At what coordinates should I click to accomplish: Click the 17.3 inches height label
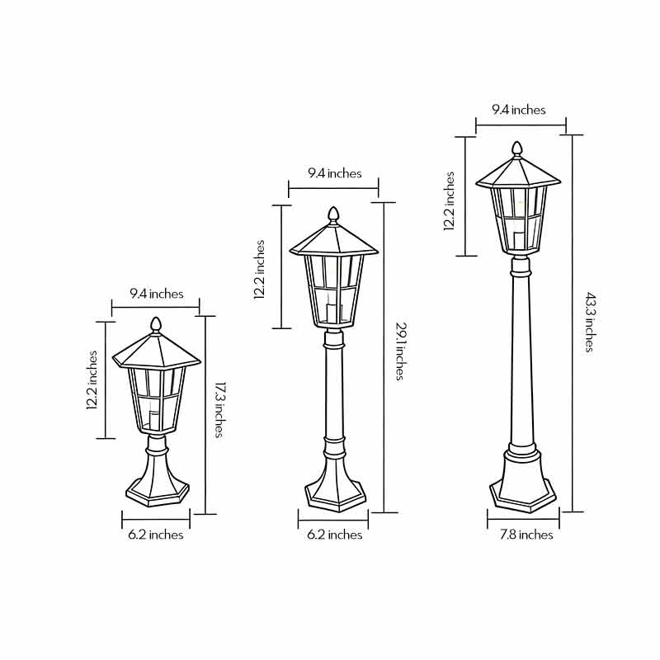[x=219, y=408]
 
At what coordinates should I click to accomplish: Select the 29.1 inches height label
[x=399, y=351]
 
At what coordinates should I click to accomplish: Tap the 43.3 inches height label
[x=589, y=322]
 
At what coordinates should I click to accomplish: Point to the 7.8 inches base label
[x=525, y=535]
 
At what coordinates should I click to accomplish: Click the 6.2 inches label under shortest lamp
[x=155, y=535]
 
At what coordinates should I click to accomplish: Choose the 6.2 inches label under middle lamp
[x=334, y=535]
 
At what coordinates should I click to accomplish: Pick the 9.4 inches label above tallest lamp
[x=519, y=110]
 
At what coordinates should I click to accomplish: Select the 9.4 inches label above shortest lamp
[x=156, y=294]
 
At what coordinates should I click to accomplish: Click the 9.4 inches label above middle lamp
[x=334, y=173]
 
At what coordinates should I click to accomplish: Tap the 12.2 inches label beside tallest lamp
[x=450, y=201]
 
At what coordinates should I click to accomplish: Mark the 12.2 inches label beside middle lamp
[x=260, y=271]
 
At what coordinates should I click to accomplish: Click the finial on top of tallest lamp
[x=518, y=148]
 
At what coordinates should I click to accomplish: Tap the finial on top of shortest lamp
[x=155, y=324]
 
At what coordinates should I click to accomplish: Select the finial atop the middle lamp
[x=333, y=214]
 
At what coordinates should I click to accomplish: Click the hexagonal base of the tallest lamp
[x=523, y=493]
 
